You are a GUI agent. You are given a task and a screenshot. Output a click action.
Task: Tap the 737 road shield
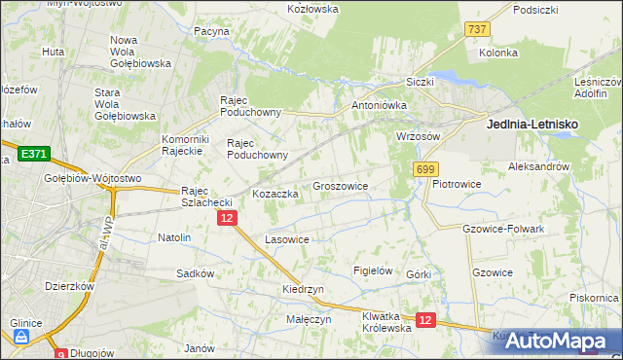[477, 30]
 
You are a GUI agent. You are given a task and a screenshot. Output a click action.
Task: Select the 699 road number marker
[424, 170]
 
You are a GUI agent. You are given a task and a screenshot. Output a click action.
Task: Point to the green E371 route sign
[32, 154]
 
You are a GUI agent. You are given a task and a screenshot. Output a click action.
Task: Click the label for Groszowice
[340, 185]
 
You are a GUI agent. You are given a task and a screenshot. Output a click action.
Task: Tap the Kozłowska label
[312, 9]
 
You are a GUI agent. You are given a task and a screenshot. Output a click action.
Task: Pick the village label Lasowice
[287, 239]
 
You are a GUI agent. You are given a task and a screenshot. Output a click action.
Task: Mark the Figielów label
[373, 270]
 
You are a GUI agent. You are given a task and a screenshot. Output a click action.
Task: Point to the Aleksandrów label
[538, 167]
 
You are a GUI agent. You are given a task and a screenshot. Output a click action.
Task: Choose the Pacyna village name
[211, 31]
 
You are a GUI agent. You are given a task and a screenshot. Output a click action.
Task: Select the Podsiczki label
[535, 10]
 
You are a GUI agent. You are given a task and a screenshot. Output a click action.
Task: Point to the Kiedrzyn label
[303, 290]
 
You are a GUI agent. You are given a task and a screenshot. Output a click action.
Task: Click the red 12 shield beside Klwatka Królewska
[424, 319]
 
